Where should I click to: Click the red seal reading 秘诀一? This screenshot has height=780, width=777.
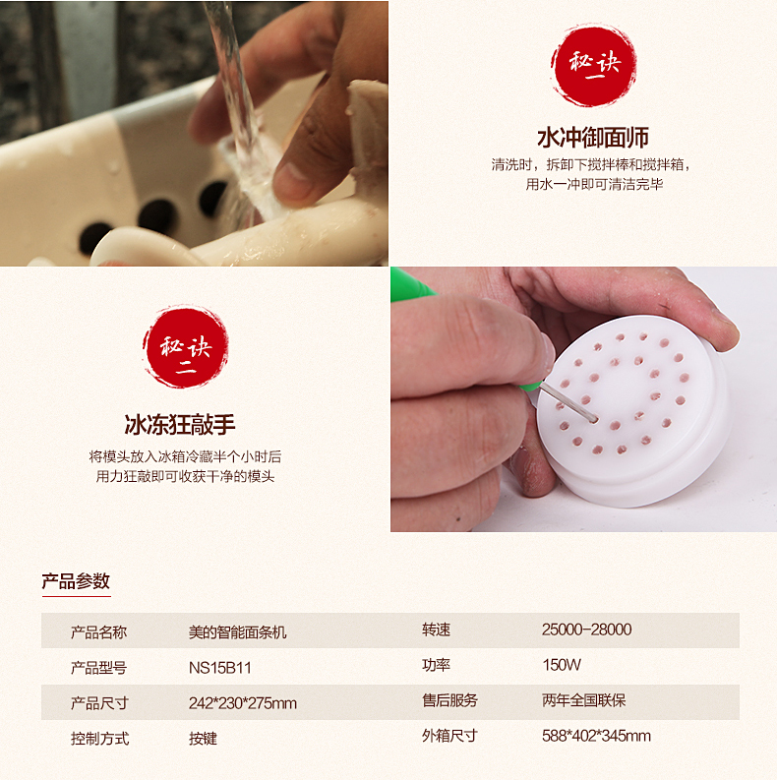coord(593,65)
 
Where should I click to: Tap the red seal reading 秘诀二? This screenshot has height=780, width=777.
coord(186,347)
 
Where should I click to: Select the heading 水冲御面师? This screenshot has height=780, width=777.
coord(593,138)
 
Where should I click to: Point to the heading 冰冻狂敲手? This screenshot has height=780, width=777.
coord(180,424)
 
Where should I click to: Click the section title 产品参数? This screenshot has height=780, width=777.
coord(76,581)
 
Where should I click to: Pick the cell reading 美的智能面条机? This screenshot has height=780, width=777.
coord(237,632)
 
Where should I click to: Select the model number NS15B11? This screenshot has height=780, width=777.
coord(220,668)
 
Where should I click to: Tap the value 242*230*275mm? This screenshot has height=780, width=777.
coord(243,703)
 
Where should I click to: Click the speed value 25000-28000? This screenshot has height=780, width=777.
coord(586,630)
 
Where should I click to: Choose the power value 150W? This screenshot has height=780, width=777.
coord(562,665)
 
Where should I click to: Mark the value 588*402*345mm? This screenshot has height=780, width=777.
coord(596,735)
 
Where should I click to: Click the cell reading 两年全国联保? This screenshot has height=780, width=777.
coord(583,700)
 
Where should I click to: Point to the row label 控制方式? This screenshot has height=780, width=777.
coord(99,739)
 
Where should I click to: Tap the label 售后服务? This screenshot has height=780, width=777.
coord(449,700)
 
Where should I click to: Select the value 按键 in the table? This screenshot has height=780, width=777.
coord(203,739)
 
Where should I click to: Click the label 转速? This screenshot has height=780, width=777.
coord(436,630)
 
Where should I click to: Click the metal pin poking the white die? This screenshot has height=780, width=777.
coord(568,402)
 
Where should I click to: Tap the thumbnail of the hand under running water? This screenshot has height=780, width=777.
coord(194,134)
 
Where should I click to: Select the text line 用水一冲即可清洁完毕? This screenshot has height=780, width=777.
coord(594,184)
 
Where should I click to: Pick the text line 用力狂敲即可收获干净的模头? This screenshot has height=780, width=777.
coord(185,476)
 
